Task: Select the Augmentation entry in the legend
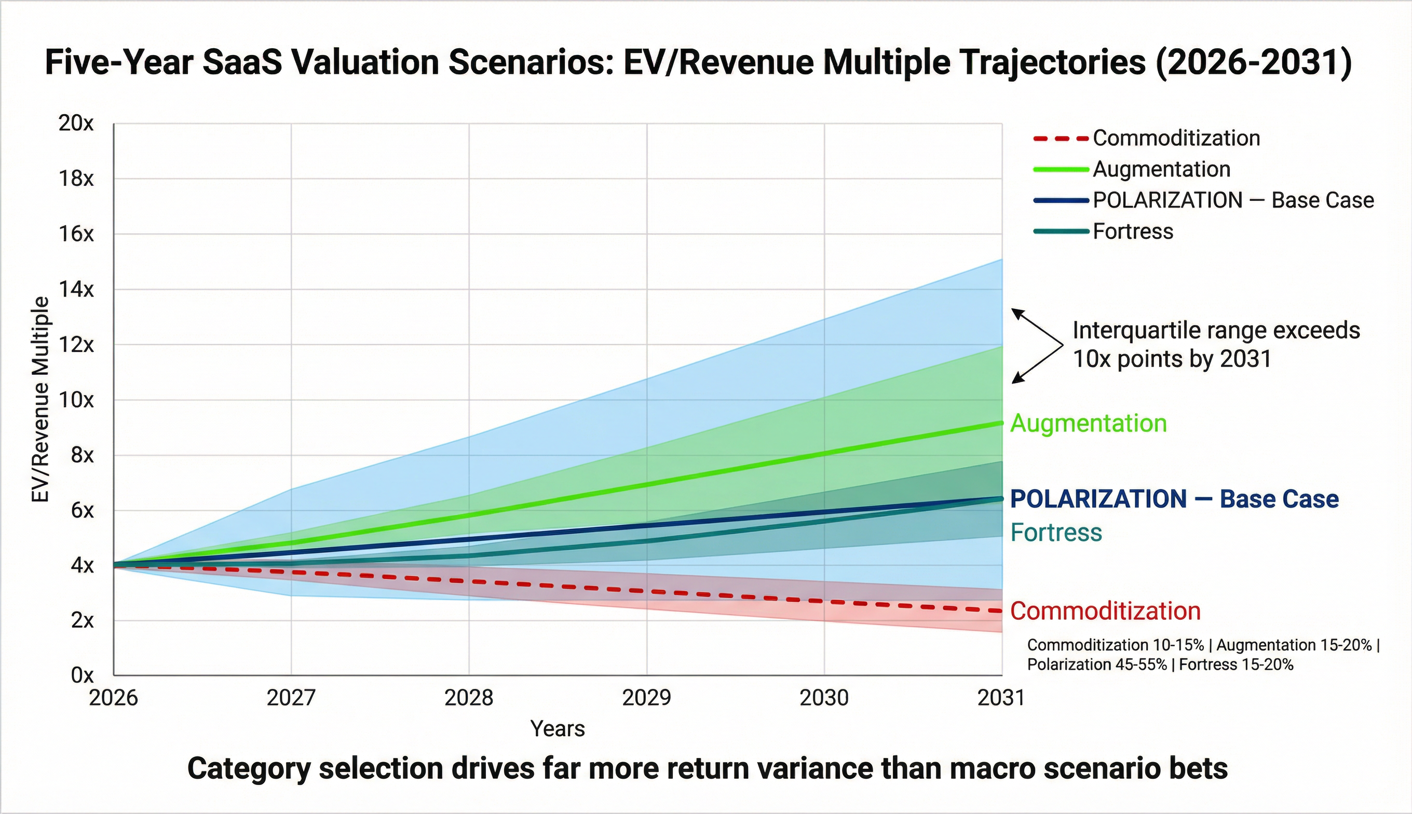coord(1132,169)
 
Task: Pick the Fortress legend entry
coord(1104,232)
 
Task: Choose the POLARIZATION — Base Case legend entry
coord(1203,200)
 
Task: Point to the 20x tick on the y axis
coord(76,123)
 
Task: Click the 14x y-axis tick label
coord(76,289)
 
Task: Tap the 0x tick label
coord(82,675)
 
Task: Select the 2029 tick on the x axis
coord(647,698)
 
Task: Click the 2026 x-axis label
coord(114,698)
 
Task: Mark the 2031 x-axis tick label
coord(1001,698)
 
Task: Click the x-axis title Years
coord(558,729)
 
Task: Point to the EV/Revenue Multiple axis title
coord(40,399)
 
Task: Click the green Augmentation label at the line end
coord(1089,423)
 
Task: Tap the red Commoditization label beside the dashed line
coord(1106,611)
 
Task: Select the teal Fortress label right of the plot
coord(1056,532)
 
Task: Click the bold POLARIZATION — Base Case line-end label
coord(1175,499)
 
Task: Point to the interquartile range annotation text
coord(1216,344)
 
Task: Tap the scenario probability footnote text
coord(1203,655)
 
